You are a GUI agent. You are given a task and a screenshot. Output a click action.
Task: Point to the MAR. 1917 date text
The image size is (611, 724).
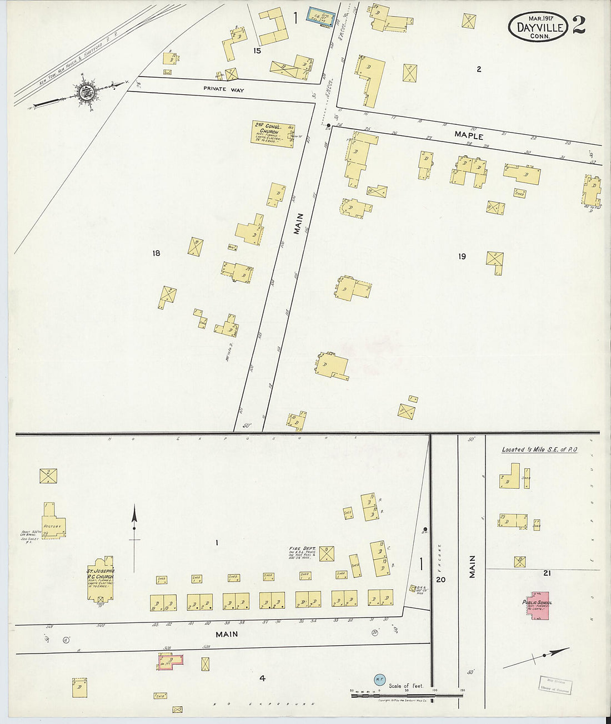click(537, 17)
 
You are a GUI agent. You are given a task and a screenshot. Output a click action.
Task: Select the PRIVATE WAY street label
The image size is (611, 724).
click(223, 89)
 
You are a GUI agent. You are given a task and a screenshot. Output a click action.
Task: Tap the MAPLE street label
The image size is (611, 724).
click(468, 135)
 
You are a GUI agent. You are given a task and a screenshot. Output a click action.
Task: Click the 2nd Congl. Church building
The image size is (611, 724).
click(273, 134)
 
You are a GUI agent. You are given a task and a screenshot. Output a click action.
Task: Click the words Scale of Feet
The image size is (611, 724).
click(406, 686)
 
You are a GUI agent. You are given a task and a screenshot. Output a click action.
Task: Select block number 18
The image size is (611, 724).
click(156, 253)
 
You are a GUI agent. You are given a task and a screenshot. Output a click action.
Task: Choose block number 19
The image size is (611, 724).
click(462, 256)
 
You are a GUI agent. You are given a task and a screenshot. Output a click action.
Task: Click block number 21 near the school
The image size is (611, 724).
click(547, 573)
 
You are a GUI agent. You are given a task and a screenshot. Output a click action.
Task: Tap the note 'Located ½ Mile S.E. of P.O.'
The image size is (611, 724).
click(539, 449)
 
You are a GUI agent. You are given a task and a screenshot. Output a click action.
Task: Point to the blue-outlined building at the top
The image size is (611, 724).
click(320, 17)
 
